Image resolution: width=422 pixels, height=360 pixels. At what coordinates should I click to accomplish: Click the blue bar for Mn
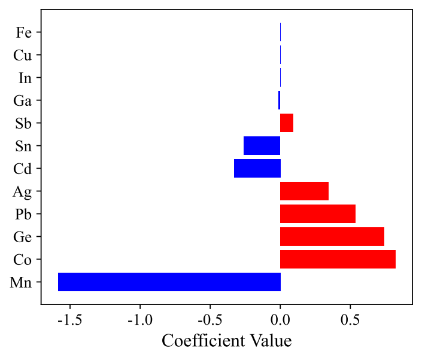point(169,282)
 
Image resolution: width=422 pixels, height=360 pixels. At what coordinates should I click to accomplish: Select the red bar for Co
point(338,259)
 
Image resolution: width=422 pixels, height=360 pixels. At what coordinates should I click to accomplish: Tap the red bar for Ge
point(332,236)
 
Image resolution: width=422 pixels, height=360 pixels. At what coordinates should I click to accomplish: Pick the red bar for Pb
point(318,213)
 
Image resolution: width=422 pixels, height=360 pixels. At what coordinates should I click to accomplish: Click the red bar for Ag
point(304,191)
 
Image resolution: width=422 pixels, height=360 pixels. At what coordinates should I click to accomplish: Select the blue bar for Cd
point(257,168)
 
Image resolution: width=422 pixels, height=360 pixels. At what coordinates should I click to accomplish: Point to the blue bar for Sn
point(262,145)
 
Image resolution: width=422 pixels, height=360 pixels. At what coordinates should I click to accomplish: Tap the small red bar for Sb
point(287,123)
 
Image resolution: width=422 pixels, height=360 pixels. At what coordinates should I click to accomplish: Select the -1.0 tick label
point(140,318)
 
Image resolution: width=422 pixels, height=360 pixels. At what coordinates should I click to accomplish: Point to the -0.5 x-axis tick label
point(210,318)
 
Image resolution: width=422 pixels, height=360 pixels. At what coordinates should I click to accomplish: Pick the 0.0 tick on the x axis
point(280,318)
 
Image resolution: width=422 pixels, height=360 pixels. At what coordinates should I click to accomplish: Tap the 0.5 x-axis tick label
point(350,318)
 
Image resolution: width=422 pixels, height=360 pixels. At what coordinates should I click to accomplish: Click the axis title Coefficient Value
point(227,341)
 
